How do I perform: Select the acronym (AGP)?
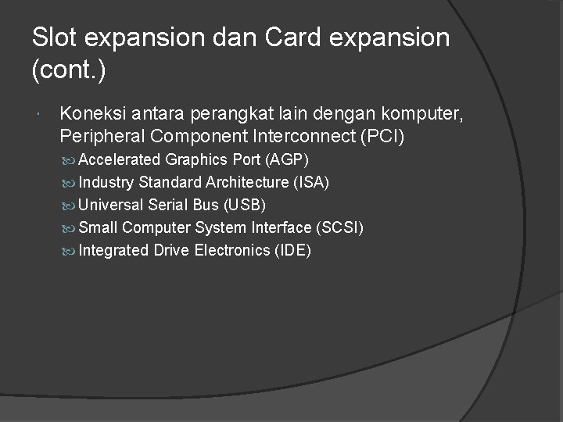[x=287, y=160]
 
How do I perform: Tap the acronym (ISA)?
[x=310, y=183]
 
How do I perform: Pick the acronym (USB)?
[x=245, y=206]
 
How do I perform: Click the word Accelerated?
[x=120, y=160]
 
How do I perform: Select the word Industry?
[x=107, y=183]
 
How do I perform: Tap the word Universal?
[x=112, y=206]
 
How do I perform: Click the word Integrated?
[x=114, y=251]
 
